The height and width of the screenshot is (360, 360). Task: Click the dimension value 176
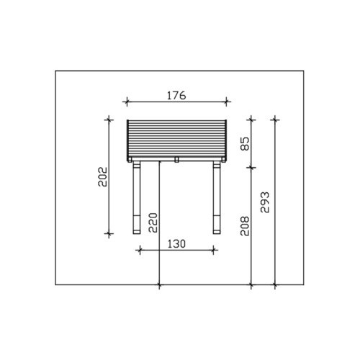coord(176,96)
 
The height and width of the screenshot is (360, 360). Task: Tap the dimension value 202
coord(103,177)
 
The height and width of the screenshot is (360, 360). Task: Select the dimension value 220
coord(153,222)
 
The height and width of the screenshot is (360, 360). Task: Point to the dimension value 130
coord(176,244)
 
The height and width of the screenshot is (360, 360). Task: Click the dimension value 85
coord(245,143)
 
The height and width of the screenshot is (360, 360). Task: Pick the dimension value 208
coord(245,226)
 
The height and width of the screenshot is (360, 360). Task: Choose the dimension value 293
coord(265,202)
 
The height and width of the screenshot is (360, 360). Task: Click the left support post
coord(136,197)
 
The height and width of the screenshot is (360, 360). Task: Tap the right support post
coord(217,197)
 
